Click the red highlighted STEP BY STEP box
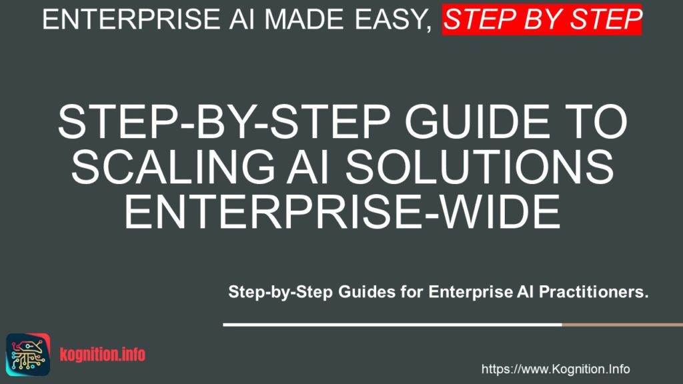(542, 19)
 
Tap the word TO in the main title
(594, 123)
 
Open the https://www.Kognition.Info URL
(555, 369)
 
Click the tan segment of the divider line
(622, 325)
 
